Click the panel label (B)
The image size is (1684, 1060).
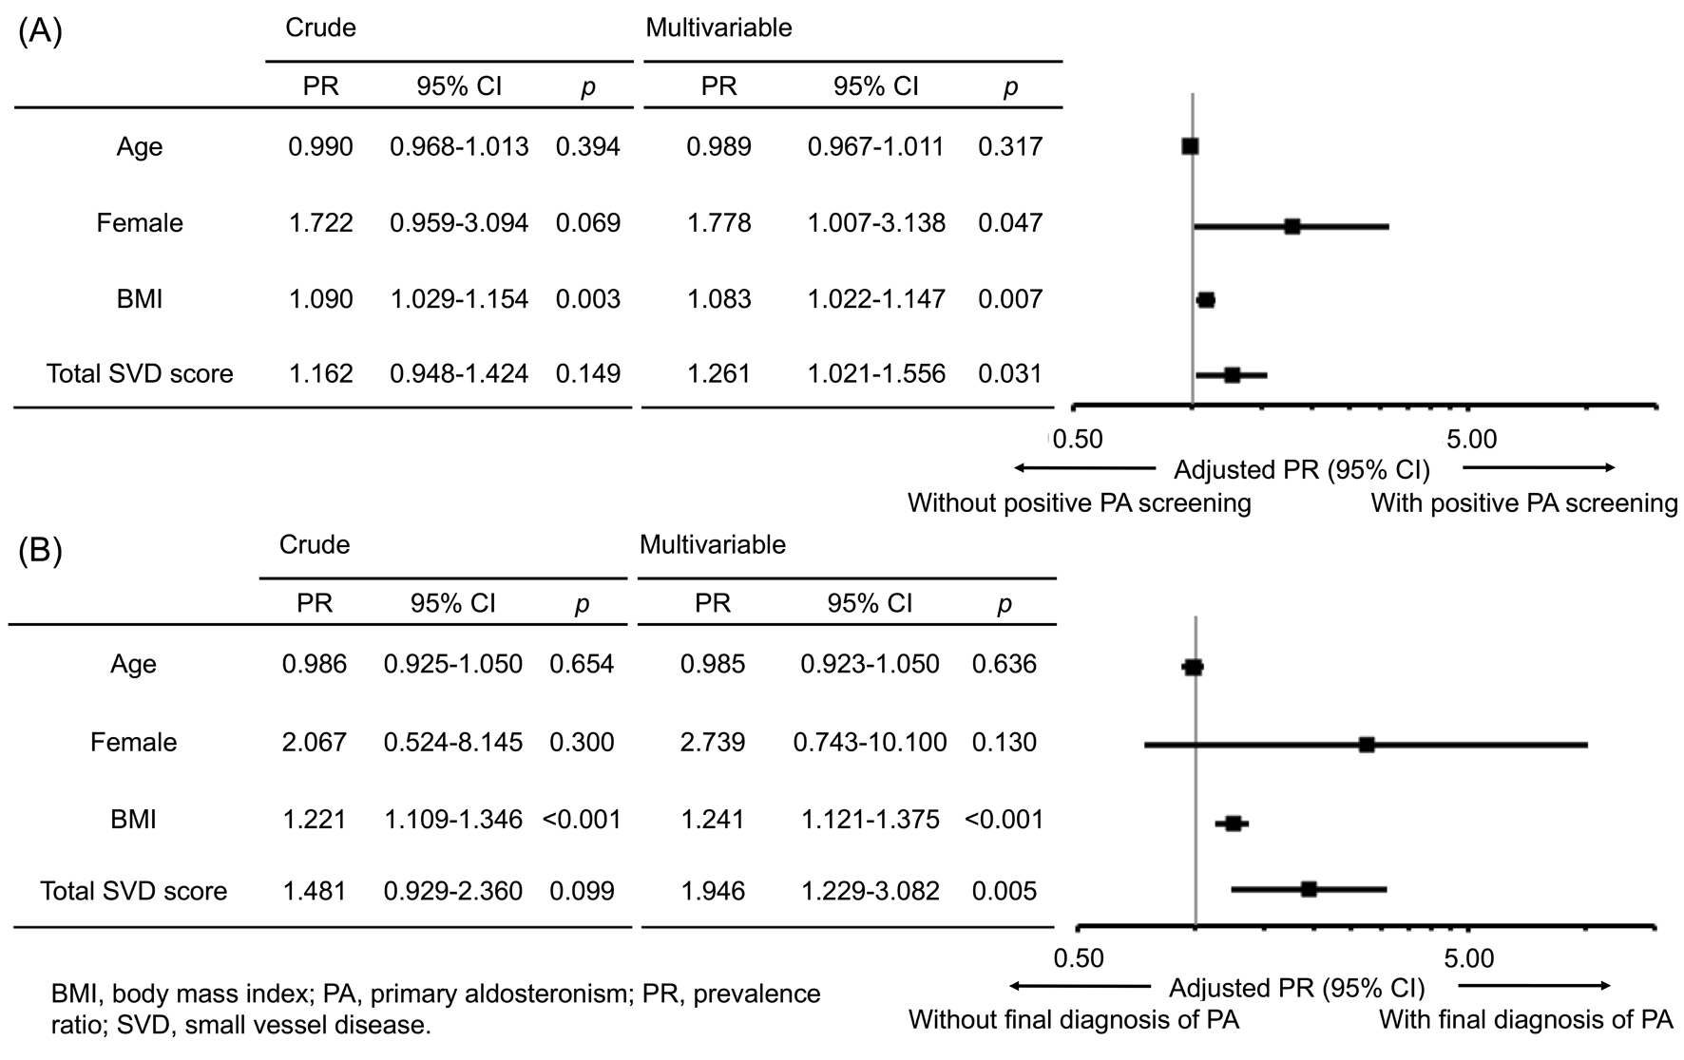click(40, 551)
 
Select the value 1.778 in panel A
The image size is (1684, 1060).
click(718, 223)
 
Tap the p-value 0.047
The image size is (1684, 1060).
click(1009, 223)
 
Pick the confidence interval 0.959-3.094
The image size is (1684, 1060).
click(459, 223)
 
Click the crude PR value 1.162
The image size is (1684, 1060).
click(320, 374)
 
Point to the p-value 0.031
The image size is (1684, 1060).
click(1009, 374)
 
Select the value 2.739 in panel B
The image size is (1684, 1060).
click(713, 742)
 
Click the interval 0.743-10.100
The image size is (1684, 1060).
click(870, 742)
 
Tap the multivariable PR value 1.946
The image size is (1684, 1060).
click(713, 892)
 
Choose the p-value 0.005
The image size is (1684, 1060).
click(1004, 892)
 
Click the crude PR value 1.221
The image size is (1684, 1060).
click(315, 819)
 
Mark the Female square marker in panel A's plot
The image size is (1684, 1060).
click(1292, 226)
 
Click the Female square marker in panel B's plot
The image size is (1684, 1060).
click(1366, 745)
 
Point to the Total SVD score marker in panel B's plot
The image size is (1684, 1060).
click(1308, 889)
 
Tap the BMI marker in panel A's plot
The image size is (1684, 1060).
click(1206, 300)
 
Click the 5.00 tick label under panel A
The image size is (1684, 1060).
click(1471, 440)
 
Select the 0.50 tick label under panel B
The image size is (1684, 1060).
click(1079, 958)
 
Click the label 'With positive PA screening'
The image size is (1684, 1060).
click(1523, 503)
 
